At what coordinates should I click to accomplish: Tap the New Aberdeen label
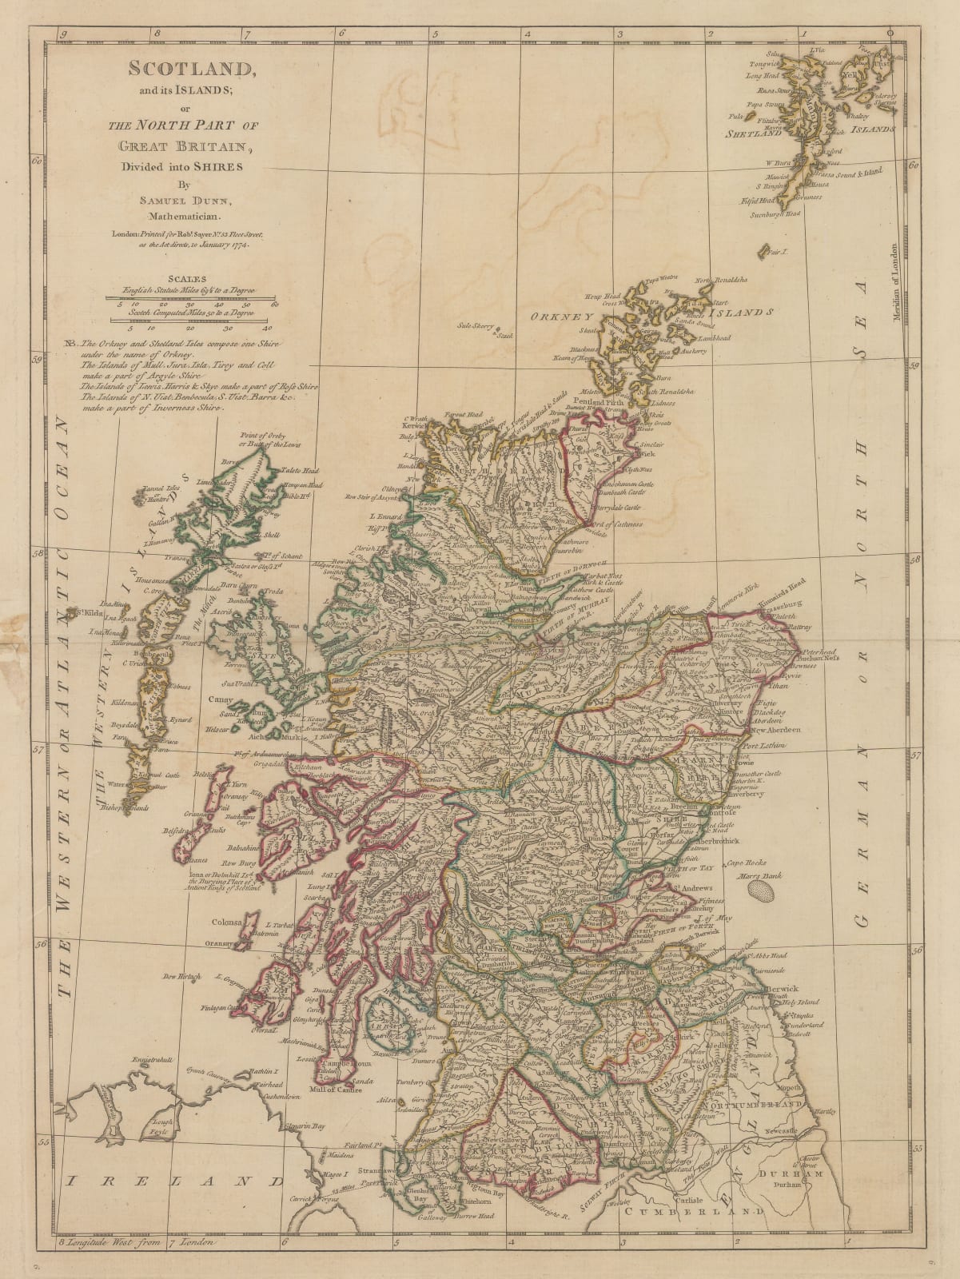[x=770, y=731]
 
